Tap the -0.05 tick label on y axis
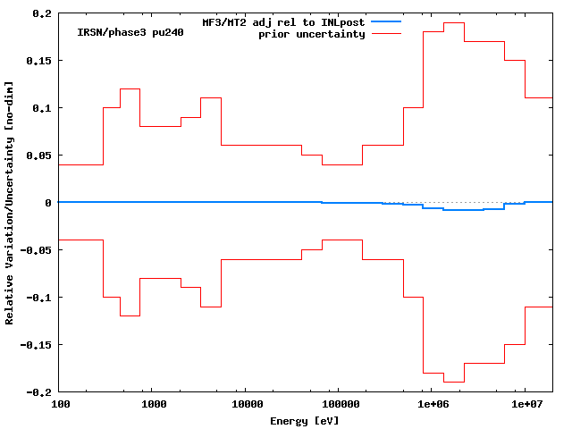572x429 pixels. click(x=37, y=250)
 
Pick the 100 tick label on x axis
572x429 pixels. click(x=61, y=405)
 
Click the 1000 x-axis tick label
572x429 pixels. click(x=155, y=405)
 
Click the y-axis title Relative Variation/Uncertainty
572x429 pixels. click(x=10, y=203)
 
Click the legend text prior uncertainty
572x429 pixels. click(x=312, y=33)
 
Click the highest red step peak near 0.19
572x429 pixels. click(x=454, y=23)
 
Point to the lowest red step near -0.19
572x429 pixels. click(x=454, y=382)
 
